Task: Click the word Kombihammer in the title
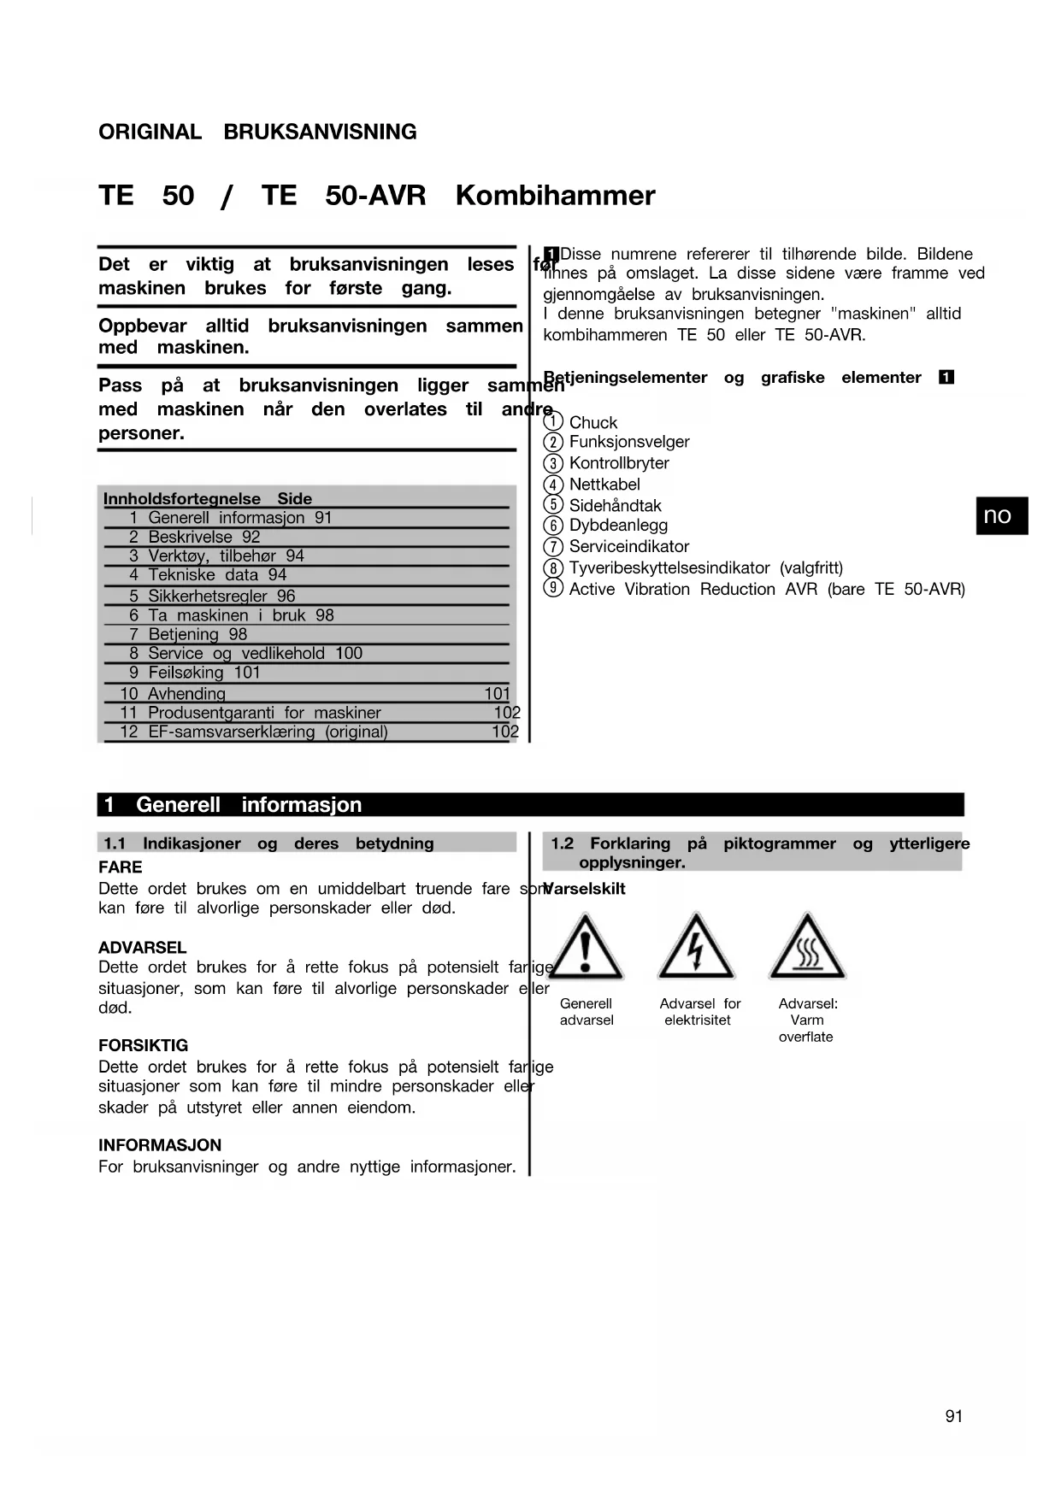point(555,196)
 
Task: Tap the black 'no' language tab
point(1001,515)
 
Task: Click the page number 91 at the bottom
point(953,1416)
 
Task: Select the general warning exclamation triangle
point(586,947)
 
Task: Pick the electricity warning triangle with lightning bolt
point(696,947)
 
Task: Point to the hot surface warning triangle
point(807,947)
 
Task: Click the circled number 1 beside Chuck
point(553,421)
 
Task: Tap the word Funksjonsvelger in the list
point(629,442)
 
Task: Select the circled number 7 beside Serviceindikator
point(553,546)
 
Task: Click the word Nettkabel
point(604,485)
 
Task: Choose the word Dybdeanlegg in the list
point(618,526)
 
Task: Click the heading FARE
point(121,867)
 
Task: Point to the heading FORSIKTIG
point(143,1045)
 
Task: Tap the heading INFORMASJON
point(160,1145)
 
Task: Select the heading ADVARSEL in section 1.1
point(142,947)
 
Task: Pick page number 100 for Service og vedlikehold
point(349,654)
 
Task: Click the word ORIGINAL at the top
point(150,132)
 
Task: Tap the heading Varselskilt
point(585,889)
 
